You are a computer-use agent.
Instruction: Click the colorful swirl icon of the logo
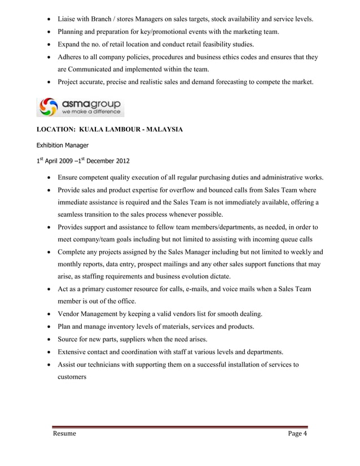49,107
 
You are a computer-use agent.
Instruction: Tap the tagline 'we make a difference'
91,112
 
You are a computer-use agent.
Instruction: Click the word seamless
74,214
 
